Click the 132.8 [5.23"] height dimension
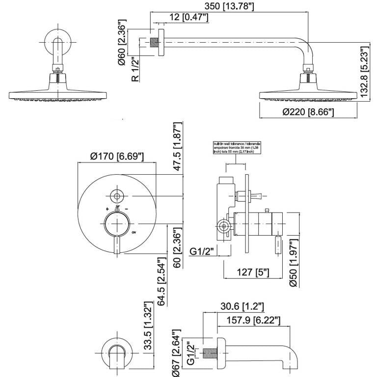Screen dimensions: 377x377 tap(364, 72)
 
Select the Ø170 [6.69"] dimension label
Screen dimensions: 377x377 tap(117, 156)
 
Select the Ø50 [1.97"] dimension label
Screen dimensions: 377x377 tap(294, 263)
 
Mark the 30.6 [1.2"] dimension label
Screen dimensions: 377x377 tap(242, 307)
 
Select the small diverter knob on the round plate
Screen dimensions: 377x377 tap(117, 196)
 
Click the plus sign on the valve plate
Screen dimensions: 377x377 tap(107, 209)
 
